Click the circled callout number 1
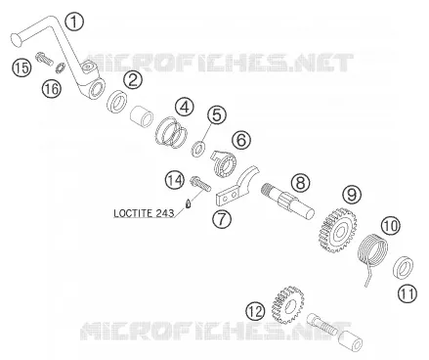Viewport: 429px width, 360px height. (74, 22)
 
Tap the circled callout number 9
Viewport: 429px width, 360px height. (352, 195)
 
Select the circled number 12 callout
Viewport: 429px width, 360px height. (255, 311)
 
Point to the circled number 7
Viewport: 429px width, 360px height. (222, 218)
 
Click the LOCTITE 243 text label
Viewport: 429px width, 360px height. (144, 213)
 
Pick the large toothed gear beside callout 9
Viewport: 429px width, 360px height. (337, 231)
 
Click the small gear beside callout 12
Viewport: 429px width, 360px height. (287, 305)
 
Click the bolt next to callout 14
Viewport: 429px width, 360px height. (199, 184)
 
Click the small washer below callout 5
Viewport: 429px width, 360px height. (198, 150)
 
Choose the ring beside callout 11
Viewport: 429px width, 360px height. (404, 267)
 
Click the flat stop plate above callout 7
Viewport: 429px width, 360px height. (237, 186)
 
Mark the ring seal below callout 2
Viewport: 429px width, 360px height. (117, 102)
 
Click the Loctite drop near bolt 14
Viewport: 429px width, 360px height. (188, 203)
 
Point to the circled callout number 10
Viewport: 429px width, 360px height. (391, 226)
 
